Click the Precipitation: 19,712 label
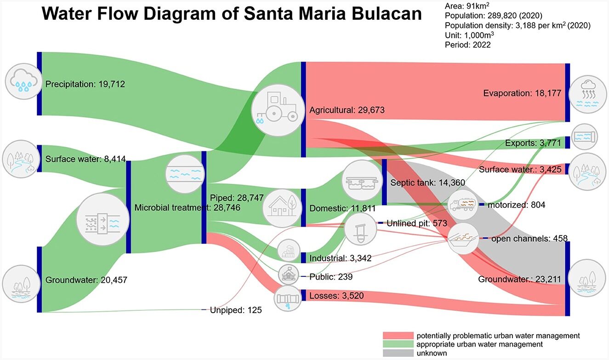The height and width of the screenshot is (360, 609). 85,84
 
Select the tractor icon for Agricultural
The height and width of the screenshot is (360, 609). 277,110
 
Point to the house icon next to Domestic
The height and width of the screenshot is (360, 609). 281,208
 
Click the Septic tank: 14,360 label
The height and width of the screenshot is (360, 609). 427,183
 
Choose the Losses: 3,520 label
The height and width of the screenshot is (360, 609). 336,296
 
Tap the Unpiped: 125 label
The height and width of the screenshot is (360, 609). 236,310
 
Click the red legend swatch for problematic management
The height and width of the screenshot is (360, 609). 398,336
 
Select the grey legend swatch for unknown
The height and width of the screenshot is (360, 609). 398,353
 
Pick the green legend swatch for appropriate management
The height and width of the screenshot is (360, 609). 398,344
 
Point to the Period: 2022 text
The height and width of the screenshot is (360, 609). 467,45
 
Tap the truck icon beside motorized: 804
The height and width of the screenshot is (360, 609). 463,205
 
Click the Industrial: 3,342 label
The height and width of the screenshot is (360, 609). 340,258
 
